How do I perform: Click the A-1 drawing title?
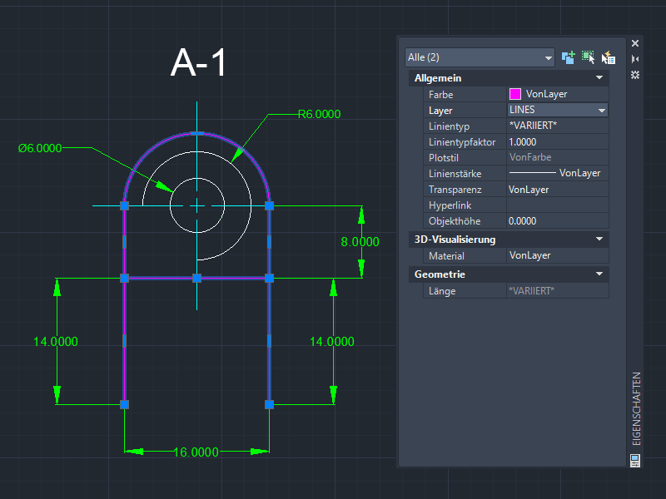(x=198, y=62)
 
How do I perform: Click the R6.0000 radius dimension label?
(x=319, y=114)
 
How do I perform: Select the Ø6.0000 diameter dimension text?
(x=40, y=148)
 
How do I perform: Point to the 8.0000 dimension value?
(x=360, y=242)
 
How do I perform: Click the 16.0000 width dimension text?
(x=196, y=452)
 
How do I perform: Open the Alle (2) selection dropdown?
(x=480, y=57)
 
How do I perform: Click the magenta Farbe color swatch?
(x=514, y=94)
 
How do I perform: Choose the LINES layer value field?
(x=557, y=110)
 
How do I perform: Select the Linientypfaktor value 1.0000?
(x=523, y=142)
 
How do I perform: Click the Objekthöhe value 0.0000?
(x=523, y=221)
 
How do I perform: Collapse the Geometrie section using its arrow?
(x=599, y=274)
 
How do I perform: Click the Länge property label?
(x=442, y=291)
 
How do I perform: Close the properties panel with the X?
(x=635, y=43)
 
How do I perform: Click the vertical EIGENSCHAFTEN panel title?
(x=636, y=408)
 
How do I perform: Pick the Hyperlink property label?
(x=450, y=205)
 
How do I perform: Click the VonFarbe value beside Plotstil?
(x=530, y=157)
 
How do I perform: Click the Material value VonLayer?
(x=529, y=255)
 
